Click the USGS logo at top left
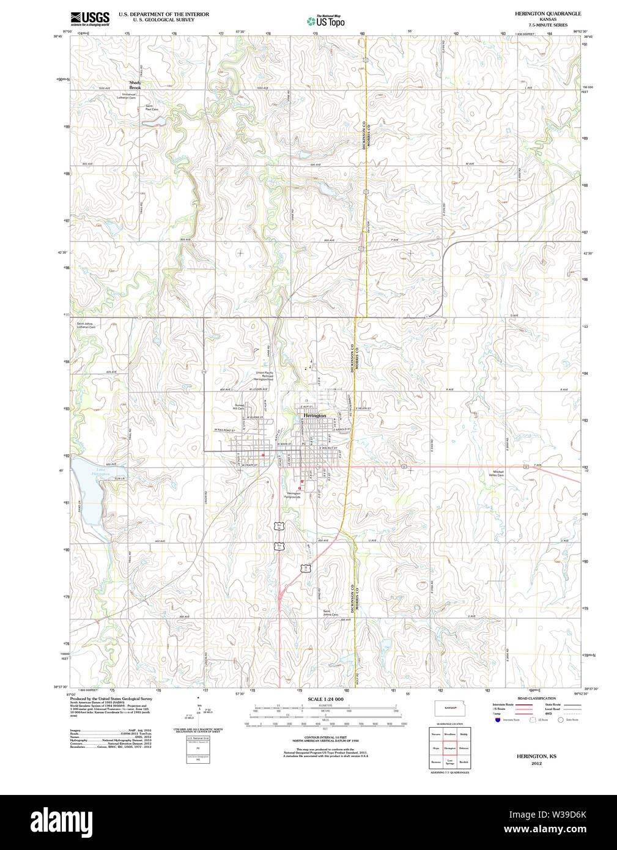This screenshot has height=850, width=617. (90, 18)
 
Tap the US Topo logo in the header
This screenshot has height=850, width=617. (326, 21)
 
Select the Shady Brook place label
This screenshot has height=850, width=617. (135, 85)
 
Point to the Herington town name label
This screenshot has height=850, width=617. (315, 416)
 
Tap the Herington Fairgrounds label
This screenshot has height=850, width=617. (294, 495)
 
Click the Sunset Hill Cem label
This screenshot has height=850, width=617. (239, 407)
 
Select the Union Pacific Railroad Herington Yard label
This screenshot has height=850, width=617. (264, 376)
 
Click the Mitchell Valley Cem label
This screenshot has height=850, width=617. (499, 473)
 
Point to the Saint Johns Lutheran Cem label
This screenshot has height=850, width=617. (86, 325)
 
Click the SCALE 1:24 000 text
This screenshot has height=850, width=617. (325, 699)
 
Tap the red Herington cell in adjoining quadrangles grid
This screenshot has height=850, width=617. (449, 748)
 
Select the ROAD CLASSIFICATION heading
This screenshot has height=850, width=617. (536, 698)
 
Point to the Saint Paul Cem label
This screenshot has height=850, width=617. (151, 108)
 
